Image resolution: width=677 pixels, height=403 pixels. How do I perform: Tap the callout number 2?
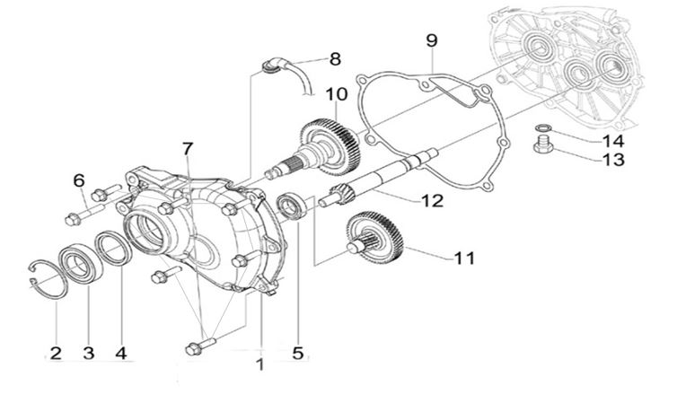coord(56,353)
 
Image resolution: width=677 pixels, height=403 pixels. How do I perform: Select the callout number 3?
coord(89,353)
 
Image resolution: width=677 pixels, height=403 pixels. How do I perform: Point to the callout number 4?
coord(120,353)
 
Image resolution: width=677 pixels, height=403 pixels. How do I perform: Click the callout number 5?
coord(297,353)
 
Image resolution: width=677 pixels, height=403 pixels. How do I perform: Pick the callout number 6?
coord(78,181)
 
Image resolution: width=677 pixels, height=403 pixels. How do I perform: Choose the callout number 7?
coord(187,147)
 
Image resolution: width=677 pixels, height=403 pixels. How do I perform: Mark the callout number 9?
coord(431,39)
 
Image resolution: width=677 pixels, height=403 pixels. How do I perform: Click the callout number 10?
coord(336,93)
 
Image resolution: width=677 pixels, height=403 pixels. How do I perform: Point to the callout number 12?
coord(432,201)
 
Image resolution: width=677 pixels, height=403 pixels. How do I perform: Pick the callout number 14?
coord(612,140)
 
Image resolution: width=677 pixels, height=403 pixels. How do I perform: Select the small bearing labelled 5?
coord(292,206)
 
